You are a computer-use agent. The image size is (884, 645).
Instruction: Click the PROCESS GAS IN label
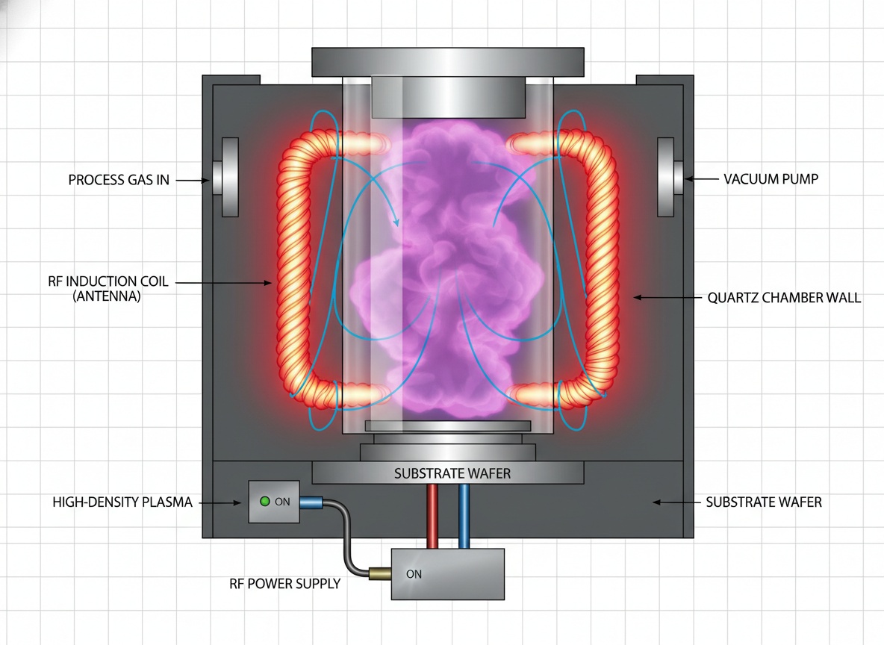click(119, 180)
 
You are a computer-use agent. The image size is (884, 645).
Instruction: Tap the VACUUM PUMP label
click(771, 179)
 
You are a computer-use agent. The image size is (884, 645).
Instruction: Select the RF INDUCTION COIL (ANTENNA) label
click(108, 288)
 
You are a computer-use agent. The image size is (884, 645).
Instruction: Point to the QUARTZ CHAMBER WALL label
click(784, 298)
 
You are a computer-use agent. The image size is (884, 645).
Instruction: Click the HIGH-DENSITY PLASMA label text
click(122, 502)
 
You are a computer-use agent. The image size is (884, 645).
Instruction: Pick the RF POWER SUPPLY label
click(284, 584)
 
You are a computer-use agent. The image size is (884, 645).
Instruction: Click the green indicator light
click(264, 501)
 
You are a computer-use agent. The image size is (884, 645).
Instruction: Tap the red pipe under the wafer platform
click(432, 516)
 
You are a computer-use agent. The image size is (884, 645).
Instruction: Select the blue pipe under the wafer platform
click(464, 516)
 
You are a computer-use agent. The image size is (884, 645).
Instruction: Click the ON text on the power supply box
click(414, 574)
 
